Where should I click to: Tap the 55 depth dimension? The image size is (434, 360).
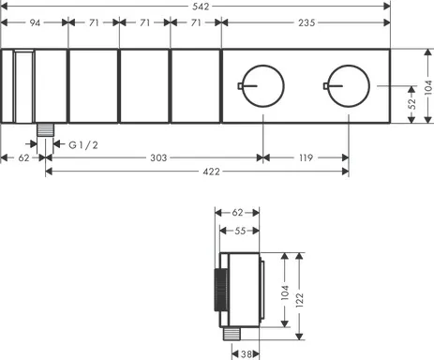click(x=240, y=229)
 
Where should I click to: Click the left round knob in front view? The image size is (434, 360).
click(x=261, y=87)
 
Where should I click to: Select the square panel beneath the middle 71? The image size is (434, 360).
click(x=143, y=86)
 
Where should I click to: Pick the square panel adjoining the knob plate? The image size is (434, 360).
click(x=194, y=86)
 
